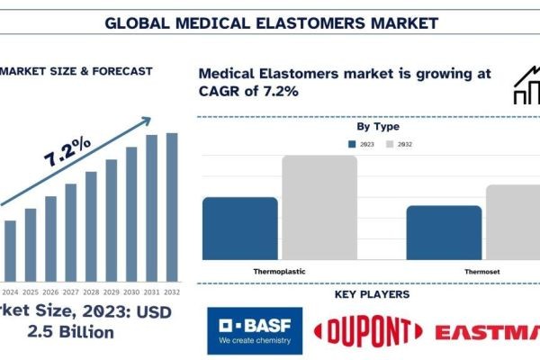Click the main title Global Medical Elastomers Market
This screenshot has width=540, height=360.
click(x=271, y=21)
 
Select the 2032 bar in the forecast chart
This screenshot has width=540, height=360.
click(x=172, y=206)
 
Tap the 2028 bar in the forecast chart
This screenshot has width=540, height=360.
click(x=91, y=226)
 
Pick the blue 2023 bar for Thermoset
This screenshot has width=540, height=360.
click(x=431, y=232)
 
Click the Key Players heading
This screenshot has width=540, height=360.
click(x=372, y=294)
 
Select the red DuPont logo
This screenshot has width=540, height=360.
click(x=364, y=331)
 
